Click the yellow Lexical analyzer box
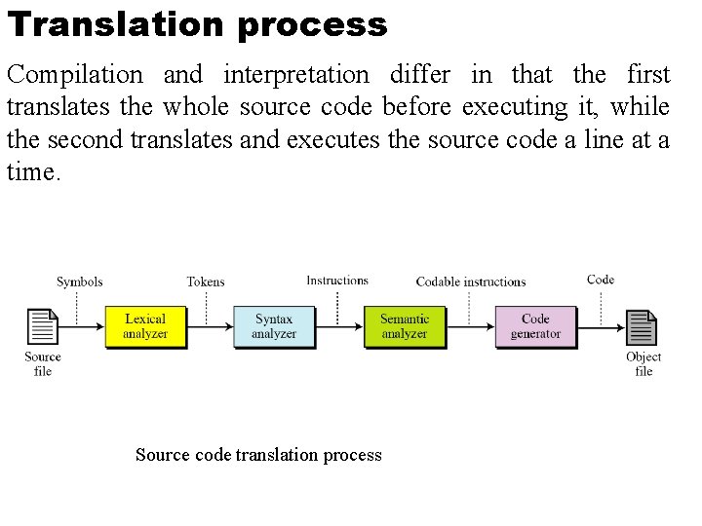[145, 326]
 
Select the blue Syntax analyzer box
[274, 326]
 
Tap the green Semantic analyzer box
[405, 326]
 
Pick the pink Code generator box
[535, 326]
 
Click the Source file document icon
[43, 327]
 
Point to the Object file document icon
[643, 328]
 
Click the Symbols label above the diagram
[79, 282]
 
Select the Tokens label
[206, 282]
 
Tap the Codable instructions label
[471, 282]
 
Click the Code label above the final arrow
[601, 280]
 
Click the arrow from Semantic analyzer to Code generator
[470, 327]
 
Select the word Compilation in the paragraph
[74, 74]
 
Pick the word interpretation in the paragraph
[295, 74]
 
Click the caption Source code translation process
[258, 455]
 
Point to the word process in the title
[311, 24]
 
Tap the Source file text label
[43, 363]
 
